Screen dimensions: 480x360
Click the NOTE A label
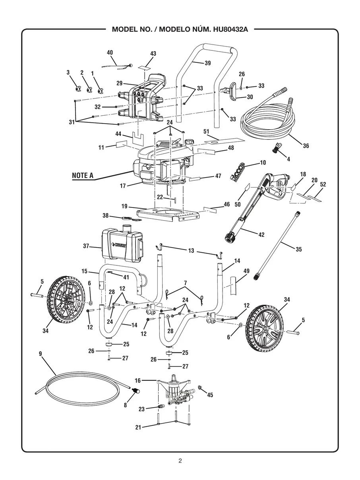pos(83,176)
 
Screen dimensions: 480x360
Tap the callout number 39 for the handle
pos(207,63)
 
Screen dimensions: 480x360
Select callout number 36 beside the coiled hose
pos(306,146)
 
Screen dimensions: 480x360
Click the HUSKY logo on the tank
pos(120,246)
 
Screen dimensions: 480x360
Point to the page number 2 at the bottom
pos(180,461)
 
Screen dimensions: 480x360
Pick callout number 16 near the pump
pos(137,380)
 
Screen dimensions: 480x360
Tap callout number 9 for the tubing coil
pos(40,353)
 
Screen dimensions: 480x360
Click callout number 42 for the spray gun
pos(261,235)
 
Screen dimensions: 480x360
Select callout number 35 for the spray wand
pos(298,249)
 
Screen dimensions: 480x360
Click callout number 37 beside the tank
pos(86,246)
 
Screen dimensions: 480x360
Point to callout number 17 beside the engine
pos(123,186)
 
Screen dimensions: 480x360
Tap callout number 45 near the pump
pos(210,395)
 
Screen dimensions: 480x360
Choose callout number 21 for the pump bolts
pos(138,428)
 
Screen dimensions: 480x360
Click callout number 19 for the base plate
pos(124,206)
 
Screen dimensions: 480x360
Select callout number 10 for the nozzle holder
pos(263,163)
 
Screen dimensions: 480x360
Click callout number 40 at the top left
pos(110,52)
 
